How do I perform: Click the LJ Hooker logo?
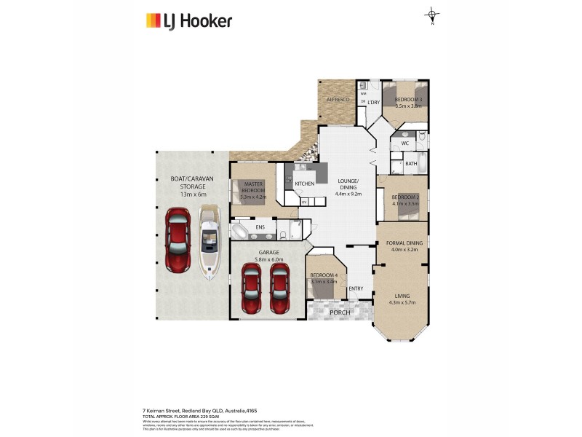click(189, 20)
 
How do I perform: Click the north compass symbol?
click(432, 15)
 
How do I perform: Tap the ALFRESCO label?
click(338, 98)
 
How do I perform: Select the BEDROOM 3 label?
click(408, 99)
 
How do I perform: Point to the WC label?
click(405, 143)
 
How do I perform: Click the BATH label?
click(411, 164)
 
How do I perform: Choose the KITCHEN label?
click(305, 184)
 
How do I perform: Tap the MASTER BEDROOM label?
click(253, 187)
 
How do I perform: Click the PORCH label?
click(340, 312)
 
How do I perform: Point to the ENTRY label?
click(356, 289)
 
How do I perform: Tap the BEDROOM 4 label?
click(324, 275)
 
